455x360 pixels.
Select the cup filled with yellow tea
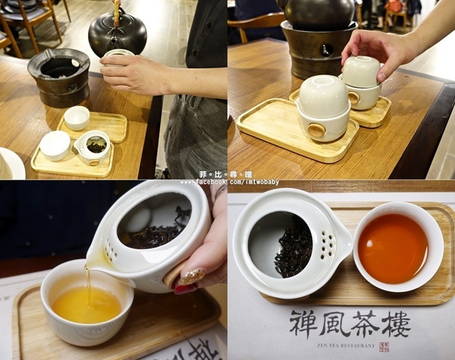[86, 303]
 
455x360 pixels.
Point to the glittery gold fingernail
[191, 277]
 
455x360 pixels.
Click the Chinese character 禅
[303, 324]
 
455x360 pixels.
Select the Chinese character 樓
[396, 324]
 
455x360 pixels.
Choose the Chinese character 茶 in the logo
[366, 324]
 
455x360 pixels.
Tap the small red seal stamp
[384, 346]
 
